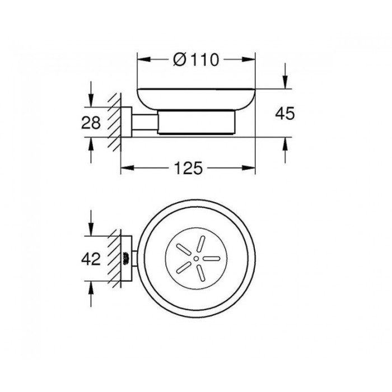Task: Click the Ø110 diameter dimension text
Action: (x=195, y=59)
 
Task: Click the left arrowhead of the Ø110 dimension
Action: (x=141, y=59)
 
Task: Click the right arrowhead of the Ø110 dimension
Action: (x=251, y=59)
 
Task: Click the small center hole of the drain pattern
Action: (x=197, y=259)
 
